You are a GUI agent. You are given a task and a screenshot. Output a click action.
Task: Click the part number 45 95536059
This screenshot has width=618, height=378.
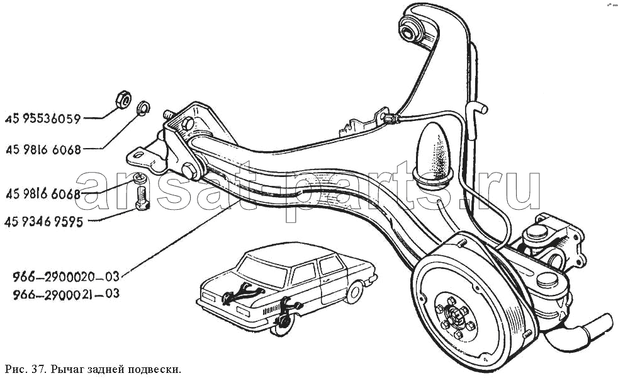point(43,118)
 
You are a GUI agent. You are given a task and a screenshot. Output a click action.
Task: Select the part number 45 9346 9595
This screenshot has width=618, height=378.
point(43,222)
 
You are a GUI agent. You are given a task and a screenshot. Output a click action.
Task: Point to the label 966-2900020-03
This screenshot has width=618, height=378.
point(65,276)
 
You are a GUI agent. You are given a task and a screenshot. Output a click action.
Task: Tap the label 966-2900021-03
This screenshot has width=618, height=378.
point(65,294)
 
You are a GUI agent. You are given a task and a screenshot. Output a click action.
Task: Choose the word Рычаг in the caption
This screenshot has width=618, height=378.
point(65,368)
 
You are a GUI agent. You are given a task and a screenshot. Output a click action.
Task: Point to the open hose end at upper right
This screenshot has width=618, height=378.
point(481,110)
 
